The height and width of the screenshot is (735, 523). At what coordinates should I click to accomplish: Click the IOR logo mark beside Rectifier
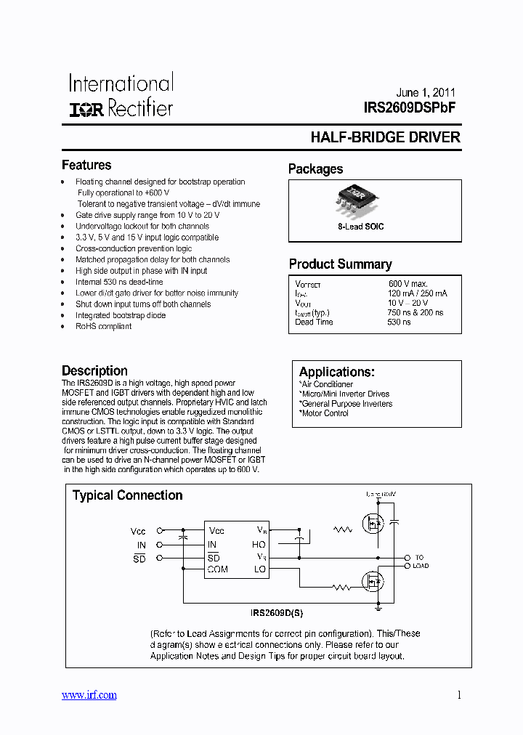point(87,110)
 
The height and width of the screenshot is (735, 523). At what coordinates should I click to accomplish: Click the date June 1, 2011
point(426,93)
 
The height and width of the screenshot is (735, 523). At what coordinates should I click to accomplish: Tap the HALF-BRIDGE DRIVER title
point(385,137)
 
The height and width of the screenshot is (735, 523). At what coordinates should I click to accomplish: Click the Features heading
point(86,165)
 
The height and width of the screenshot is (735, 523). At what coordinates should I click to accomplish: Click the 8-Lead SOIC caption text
point(360,227)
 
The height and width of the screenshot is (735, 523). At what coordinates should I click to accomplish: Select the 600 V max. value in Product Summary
point(408,283)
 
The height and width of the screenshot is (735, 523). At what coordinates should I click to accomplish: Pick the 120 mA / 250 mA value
point(417,293)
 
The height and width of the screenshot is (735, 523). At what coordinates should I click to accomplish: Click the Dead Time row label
point(315,322)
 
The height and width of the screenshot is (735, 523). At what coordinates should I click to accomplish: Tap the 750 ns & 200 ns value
point(415,312)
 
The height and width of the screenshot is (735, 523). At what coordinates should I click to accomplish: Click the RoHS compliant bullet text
point(103,326)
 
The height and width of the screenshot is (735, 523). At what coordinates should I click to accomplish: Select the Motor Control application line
point(324,413)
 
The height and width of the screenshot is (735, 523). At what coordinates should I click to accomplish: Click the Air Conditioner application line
point(326,384)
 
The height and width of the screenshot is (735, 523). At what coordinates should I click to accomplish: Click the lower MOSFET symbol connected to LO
point(373,582)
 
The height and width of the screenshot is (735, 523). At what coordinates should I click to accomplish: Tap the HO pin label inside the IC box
point(259,545)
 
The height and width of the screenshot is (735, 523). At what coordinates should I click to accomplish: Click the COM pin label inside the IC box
point(218,569)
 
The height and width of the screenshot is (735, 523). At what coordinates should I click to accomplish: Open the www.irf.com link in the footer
point(89,695)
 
